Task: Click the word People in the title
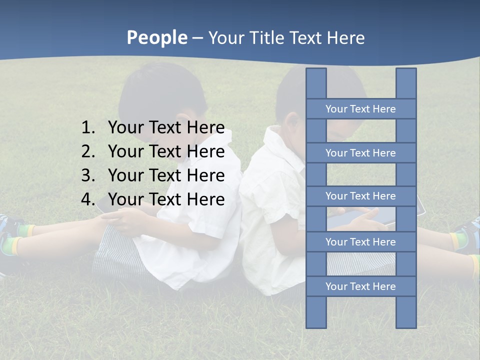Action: [156, 37]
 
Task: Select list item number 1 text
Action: [166, 127]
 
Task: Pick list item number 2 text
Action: [166, 151]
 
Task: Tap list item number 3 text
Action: [166, 175]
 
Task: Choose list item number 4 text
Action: [166, 199]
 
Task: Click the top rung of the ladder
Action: [360, 109]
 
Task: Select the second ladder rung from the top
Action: [360, 153]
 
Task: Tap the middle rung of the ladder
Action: [360, 196]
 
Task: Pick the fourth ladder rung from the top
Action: [360, 242]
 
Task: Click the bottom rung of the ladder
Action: [360, 286]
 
